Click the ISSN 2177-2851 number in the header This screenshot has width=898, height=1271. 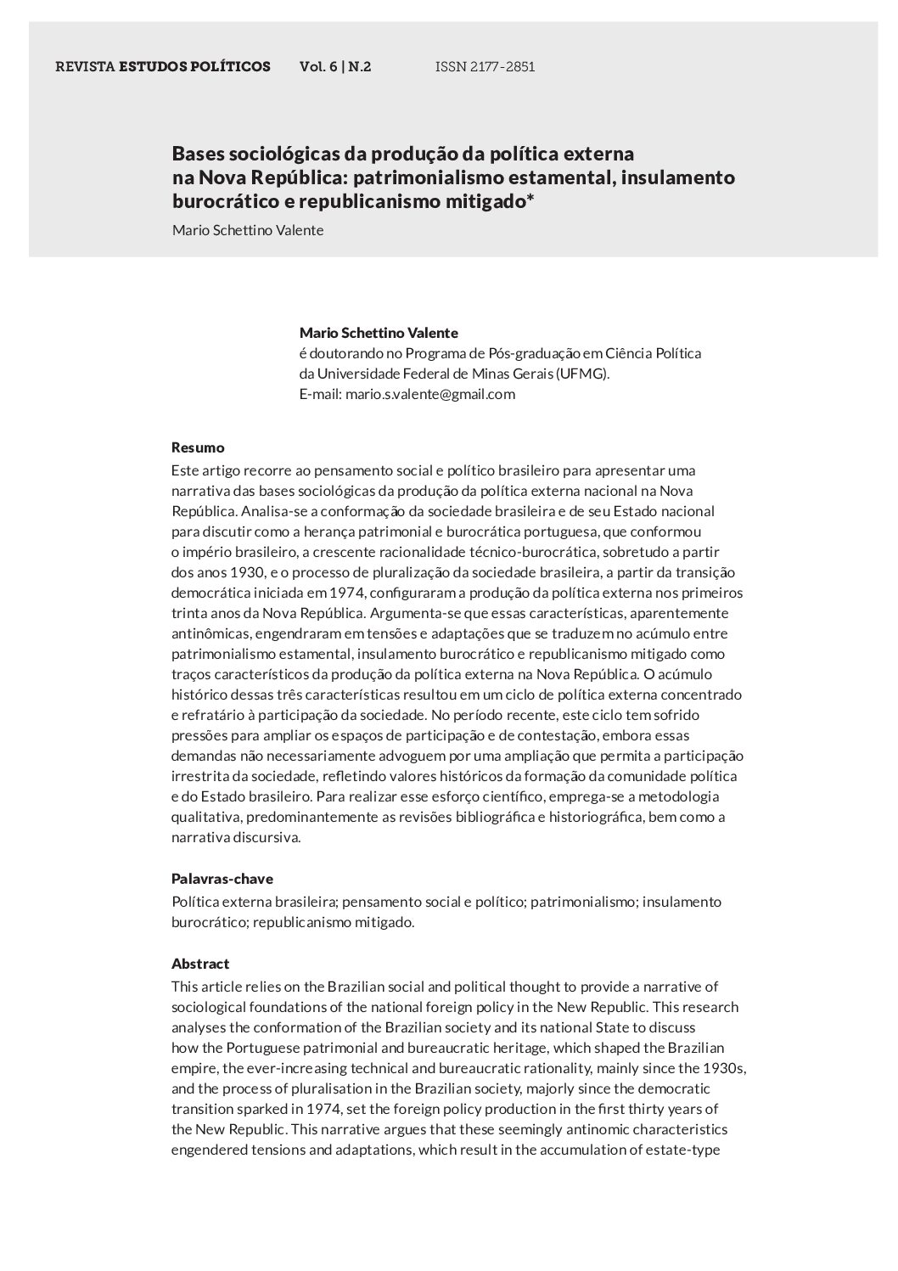click(x=485, y=66)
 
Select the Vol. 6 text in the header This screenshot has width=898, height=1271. click(x=318, y=66)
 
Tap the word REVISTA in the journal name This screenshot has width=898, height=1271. click(x=85, y=66)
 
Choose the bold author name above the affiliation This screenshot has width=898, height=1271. click(x=379, y=333)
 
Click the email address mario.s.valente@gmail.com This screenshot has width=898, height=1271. click(x=430, y=394)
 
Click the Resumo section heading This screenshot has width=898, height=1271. click(x=198, y=447)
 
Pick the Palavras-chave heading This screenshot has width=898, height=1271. click(x=222, y=879)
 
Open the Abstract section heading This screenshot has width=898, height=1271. click(x=200, y=964)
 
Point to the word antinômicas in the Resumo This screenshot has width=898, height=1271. click(x=208, y=633)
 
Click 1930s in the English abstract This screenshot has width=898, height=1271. click(x=724, y=1068)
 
